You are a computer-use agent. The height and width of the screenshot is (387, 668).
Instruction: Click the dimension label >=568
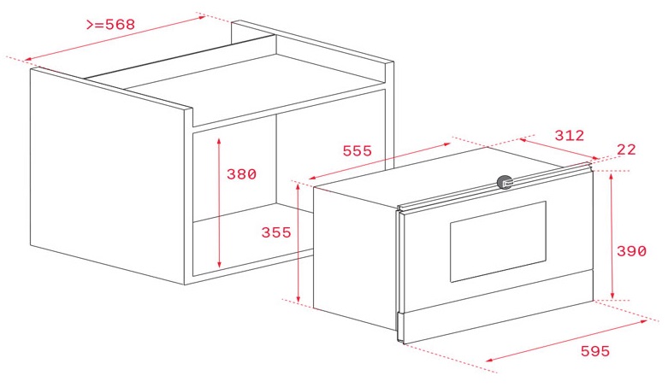[110, 25]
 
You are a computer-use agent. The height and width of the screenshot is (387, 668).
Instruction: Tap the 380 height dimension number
[241, 174]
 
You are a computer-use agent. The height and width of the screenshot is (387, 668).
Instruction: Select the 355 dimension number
[276, 232]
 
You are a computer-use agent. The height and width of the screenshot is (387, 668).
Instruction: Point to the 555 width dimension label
[357, 151]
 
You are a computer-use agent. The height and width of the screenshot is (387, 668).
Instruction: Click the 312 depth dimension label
[569, 135]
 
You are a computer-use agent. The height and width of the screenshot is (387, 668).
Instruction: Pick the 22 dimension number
[626, 150]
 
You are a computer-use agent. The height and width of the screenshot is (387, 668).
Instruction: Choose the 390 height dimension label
[632, 251]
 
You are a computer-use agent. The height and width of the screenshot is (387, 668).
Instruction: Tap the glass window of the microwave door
[497, 242]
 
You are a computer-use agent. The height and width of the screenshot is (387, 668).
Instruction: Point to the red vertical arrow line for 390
[612, 236]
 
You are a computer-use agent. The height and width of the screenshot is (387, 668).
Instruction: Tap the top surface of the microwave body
[445, 175]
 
